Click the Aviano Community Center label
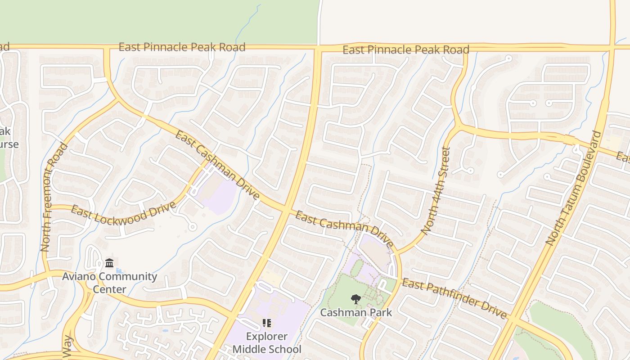110,282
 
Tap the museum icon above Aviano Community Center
109,263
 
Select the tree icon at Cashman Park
356,299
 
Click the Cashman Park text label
356,312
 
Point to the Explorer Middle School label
267,342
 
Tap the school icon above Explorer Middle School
266,323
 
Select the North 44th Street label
435,190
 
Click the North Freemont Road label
54,197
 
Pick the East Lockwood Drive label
123,214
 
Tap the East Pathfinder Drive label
454,298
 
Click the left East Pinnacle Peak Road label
182,47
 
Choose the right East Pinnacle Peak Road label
406,50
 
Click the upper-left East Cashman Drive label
217,165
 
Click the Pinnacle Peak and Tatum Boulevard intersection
612,46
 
